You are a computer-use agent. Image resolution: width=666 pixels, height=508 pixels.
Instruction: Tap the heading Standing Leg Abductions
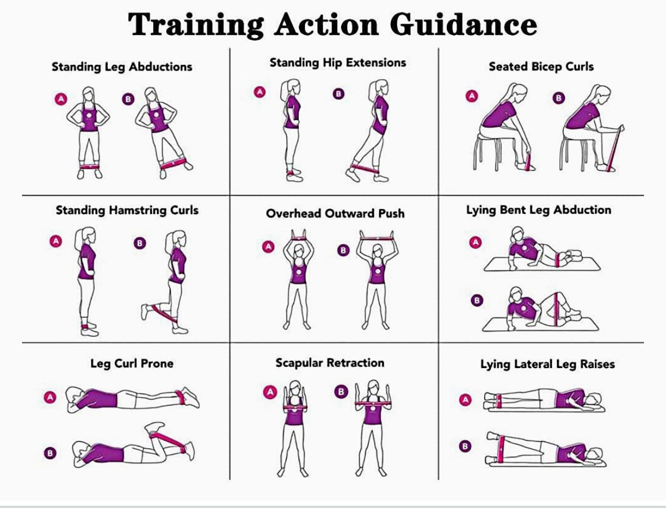[x=121, y=67]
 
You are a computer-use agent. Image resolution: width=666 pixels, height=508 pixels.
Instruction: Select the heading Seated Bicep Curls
[x=541, y=67]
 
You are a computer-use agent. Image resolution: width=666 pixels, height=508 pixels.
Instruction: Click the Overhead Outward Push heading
[x=335, y=214]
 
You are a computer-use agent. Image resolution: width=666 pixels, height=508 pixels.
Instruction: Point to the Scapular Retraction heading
[x=330, y=363]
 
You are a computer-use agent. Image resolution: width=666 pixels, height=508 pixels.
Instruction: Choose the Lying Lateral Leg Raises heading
[x=547, y=365]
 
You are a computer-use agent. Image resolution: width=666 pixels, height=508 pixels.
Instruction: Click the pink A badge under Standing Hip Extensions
[x=259, y=91]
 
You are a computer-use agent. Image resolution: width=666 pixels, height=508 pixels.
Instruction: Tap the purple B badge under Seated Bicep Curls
[x=559, y=99]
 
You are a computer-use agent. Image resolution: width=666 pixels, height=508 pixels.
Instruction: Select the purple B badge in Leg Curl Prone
[x=50, y=453]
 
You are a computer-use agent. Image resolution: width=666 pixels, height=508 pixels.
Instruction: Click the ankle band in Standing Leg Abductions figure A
[x=89, y=167]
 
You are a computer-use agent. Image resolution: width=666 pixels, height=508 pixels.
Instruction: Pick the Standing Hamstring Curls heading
[x=127, y=211]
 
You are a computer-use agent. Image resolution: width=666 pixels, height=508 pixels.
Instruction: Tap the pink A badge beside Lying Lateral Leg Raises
[x=465, y=400]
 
